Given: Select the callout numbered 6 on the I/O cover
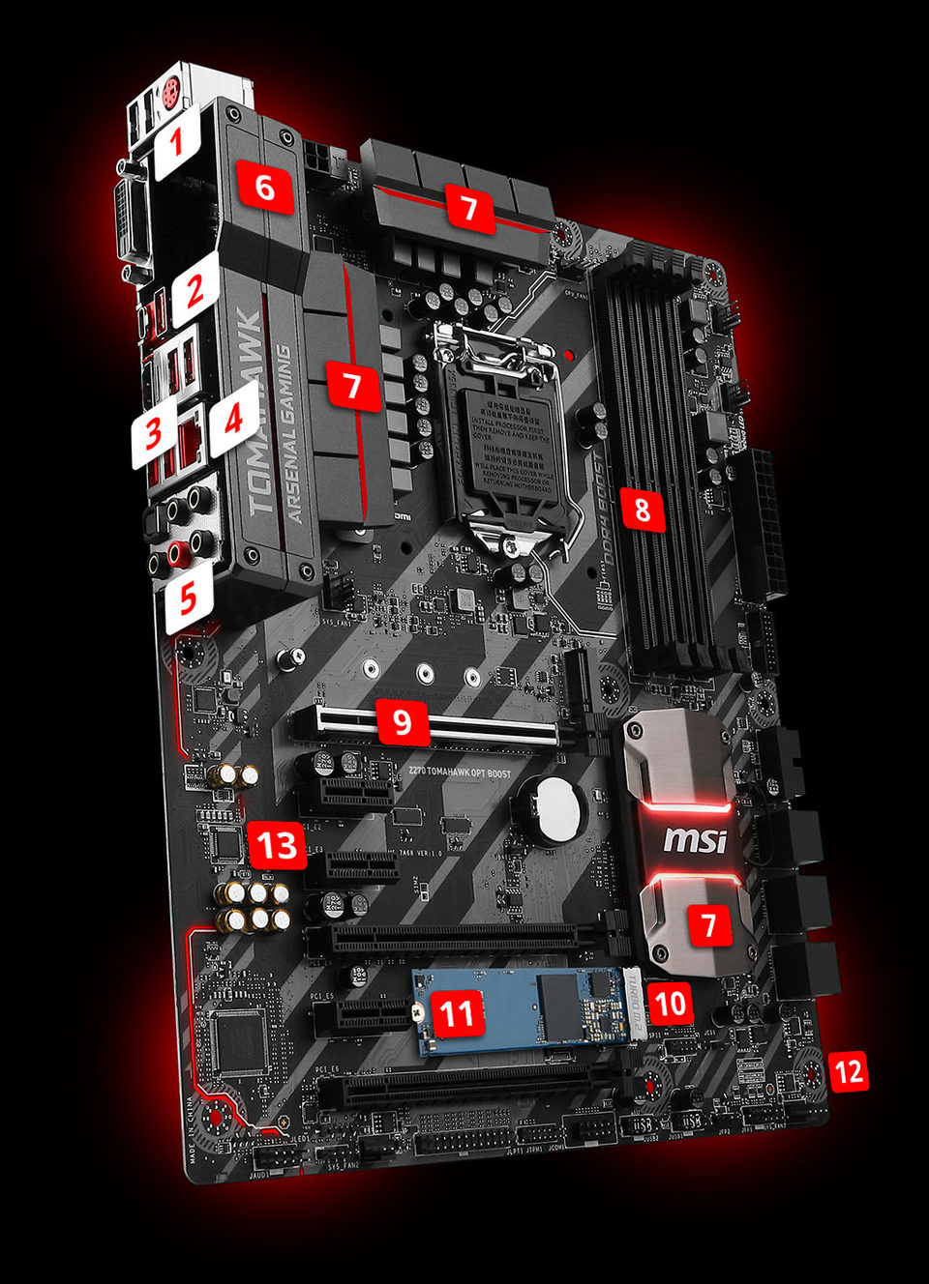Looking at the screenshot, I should [x=264, y=186].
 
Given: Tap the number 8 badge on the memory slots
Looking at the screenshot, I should [x=643, y=509].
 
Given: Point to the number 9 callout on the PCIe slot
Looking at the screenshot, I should [x=403, y=721].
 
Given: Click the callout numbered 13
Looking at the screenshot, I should [x=277, y=845].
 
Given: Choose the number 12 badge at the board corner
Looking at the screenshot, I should [x=848, y=1071].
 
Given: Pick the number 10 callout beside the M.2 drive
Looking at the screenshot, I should [x=671, y=1005].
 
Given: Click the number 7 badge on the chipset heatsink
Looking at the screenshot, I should [x=709, y=925].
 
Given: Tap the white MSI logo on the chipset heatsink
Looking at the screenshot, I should [x=695, y=839].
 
